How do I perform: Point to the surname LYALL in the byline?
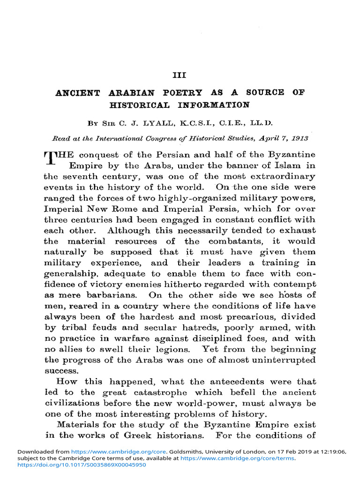(x=158, y=124)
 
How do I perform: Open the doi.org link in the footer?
(x=82, y=465)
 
